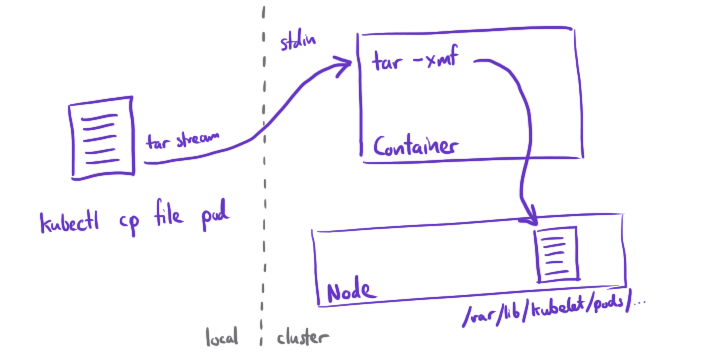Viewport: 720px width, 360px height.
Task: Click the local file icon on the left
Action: pyautogui.click(x=97, y=140)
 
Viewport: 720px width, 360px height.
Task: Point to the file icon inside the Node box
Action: pyautogui.click(x=557, y=254)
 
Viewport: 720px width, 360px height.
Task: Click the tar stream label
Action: pyautogui.click(x=183, y=141)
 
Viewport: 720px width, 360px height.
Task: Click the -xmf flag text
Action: pyautogui.click(x=436, y=64)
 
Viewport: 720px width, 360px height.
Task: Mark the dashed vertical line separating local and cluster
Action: pyautogui.click(x=263, y=180)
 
